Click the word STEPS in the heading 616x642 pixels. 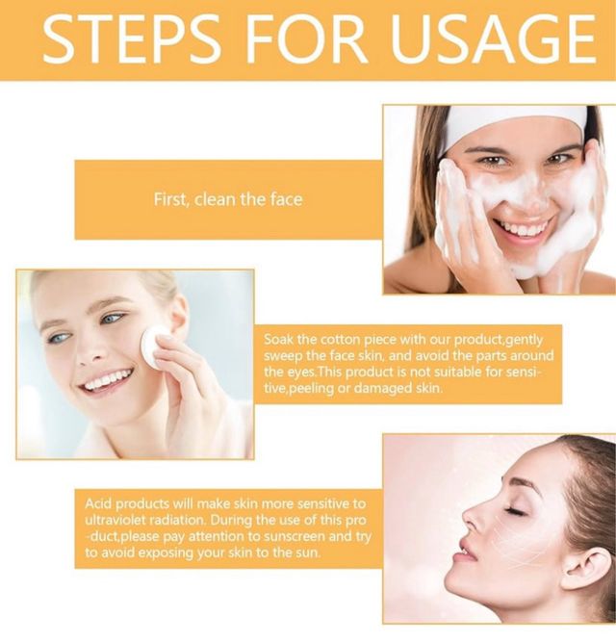(132, 39)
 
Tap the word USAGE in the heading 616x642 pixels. (493, 39)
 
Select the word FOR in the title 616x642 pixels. (305, 39)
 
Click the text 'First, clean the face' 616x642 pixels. (228, 199)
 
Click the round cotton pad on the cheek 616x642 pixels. (152, 347)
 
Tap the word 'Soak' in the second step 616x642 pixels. (278, 340)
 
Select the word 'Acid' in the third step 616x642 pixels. (98, 503)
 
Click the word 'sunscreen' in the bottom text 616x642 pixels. (295, 536)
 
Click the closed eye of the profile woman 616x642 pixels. (515, 510)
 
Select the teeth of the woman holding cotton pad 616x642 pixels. (107, 381)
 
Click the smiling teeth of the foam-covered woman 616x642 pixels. (523, 227)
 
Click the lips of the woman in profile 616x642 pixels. (466, 552)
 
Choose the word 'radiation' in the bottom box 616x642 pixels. (177, 520)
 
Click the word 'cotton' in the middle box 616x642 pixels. (340, 340)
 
